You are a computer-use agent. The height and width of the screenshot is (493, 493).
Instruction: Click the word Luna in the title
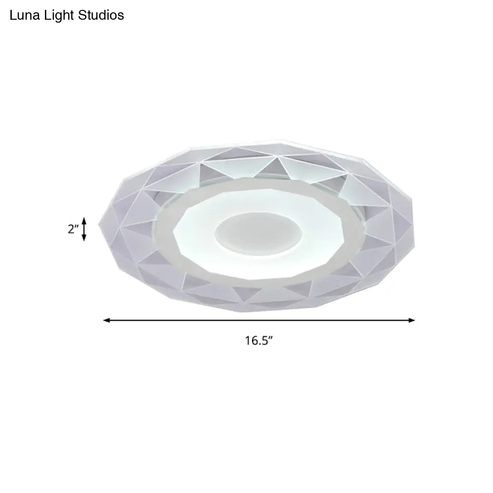[x=23, y=15]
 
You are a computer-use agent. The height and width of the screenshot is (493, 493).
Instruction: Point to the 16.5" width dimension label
[x=259, y=340]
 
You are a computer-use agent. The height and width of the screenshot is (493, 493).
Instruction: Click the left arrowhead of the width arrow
[x=106, y=320]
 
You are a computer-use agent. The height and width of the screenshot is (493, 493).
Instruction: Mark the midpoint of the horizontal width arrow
[x=259, y=320]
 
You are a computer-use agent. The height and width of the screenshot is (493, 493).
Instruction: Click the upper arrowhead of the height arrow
[x=84, y=220]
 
